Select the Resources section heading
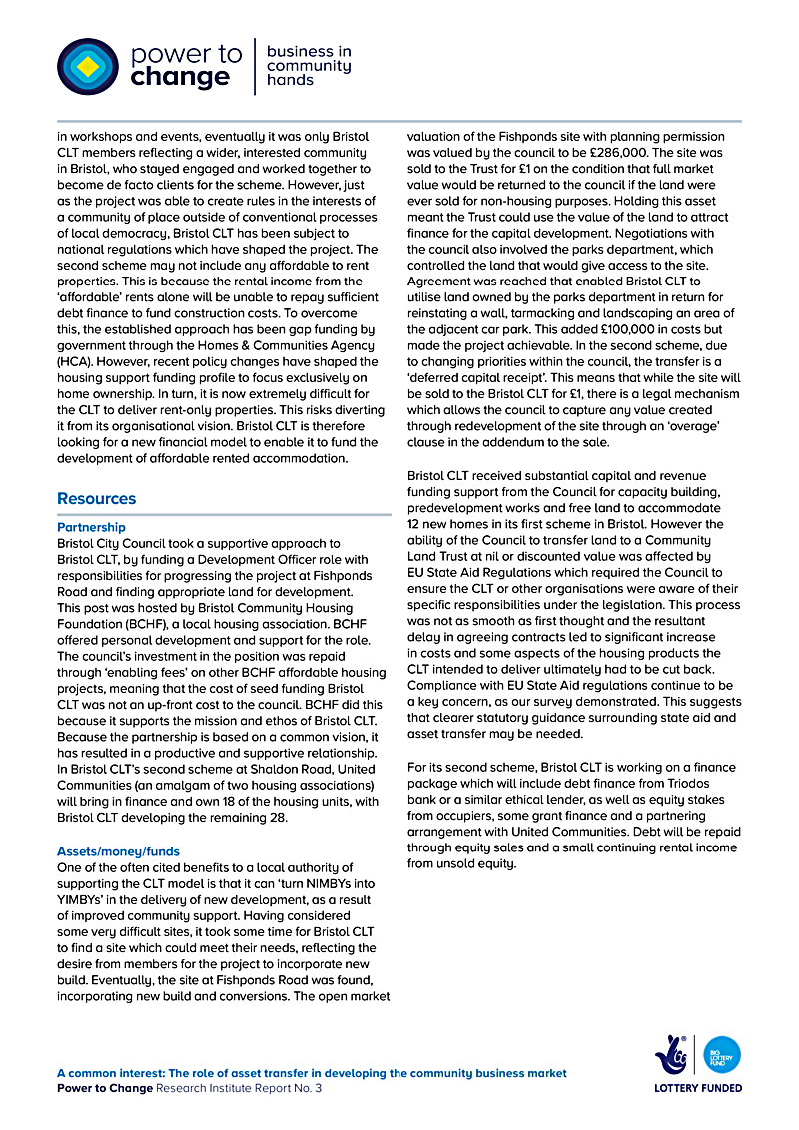point(97,499)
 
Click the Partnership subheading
point(91,527)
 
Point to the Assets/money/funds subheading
point(119,852)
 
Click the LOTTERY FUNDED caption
point(698,1088)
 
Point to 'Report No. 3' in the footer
point(286,1088)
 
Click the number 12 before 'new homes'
point(416,524)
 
